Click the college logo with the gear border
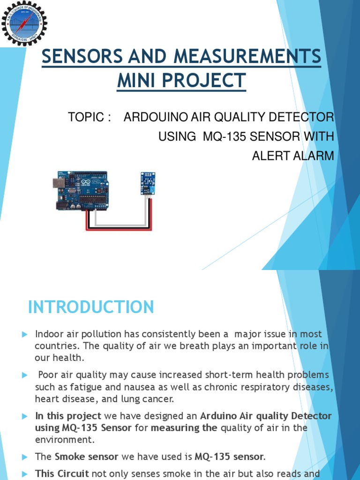[x=24, y=23]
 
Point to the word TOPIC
[x=86, y=117]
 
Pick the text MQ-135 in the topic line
[x=221, y=137]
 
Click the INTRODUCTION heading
[x=91, y=307]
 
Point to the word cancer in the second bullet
[x=160, y=399]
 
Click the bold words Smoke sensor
[x=86, y=456]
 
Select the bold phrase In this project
[x=68, y=416]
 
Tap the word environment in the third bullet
[x=64, y=439]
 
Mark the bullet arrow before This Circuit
[x=25, y=473]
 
